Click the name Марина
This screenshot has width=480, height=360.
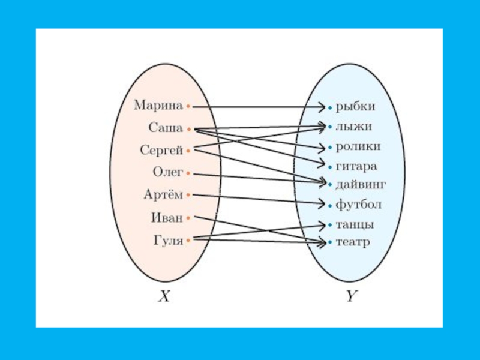pos(158,106)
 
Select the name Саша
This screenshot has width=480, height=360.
pos(166,127)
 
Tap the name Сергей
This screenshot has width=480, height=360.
pos(161,149)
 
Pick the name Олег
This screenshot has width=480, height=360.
pos(167,172)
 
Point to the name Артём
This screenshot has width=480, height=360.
pos(163,194)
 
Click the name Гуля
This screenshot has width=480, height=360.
pos(167,241)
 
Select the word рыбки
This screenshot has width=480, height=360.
pos(355,107)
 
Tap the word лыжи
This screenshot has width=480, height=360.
pos(353,127)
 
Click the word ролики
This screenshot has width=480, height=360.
pos(358,146)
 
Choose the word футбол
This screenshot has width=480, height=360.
pos(358,205)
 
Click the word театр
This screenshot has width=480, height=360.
pos(353,242)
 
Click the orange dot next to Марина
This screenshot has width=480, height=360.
pos(188,107)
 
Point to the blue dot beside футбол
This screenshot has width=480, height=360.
pos(329,205)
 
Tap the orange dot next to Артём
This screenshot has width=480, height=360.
pos(188,195)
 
